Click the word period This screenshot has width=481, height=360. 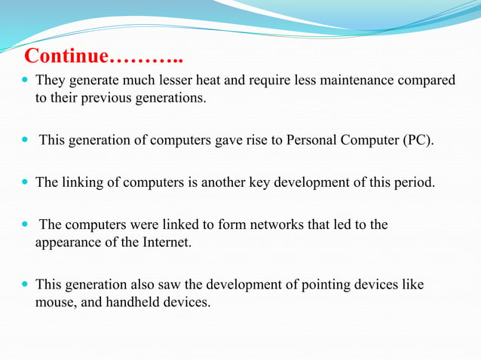tap(415, 182)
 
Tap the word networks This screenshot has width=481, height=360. tap(277, 224)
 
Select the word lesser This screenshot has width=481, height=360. tap(172, 80)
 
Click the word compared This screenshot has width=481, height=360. tap(431, 80)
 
